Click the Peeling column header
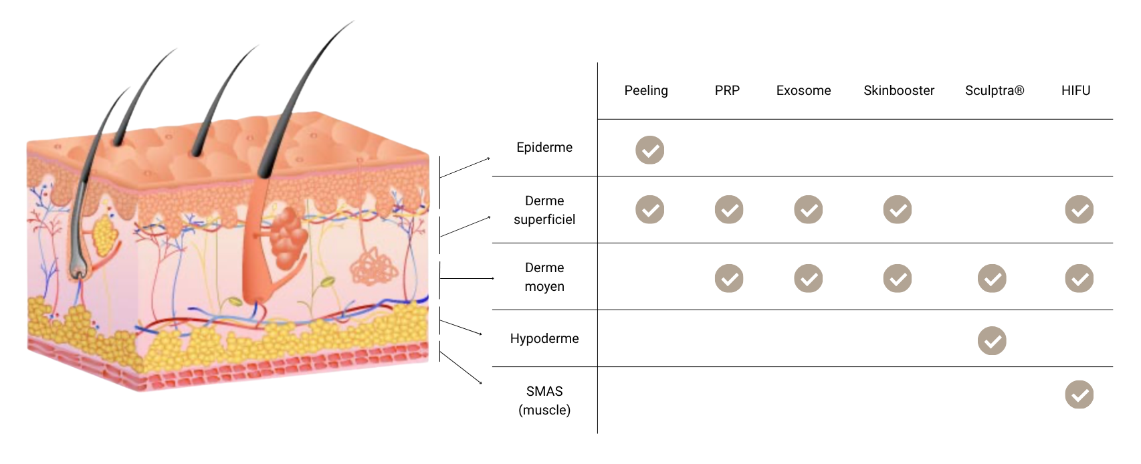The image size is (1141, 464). pyautogui.click(x=646, y=90)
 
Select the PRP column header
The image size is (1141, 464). pyautogui.click(x=727, y=90)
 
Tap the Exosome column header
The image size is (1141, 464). pyautogui.click(x=803, y=90)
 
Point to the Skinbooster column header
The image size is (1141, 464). pyautogui.click(x=898, y=90)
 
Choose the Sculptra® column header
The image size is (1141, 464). pyautogui.click(x=995, y=90)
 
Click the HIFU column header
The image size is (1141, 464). pyautogui.click(x=1075, y=90)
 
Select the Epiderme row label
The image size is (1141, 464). pyautogui.click(x=544, y=147)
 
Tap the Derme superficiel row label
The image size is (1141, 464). pyautogui.click(x=544, y=210)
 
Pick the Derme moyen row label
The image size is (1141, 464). pyautogui.click(x=544, y=277)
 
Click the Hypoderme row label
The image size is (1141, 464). pyautogui.click(x=544, y=338)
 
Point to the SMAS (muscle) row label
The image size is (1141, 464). pyautogui.click(x=544, y=400)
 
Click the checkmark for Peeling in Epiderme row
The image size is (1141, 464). pyautogui.click(x=649, y=150)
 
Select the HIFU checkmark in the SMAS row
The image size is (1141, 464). pyautogui.click(x=1079, y=394)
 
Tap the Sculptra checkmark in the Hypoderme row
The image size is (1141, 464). pyautogui.click(x=992, y=340)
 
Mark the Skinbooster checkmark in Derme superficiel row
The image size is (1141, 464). pyautogui.click(x=898, y=209)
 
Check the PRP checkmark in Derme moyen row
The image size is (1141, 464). pyautogui.click(x=729, y=278)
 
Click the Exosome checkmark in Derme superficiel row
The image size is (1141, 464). pyautogui.click(x=808, y=209)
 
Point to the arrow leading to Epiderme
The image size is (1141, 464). pyautogui.click(x=465, y=168)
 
